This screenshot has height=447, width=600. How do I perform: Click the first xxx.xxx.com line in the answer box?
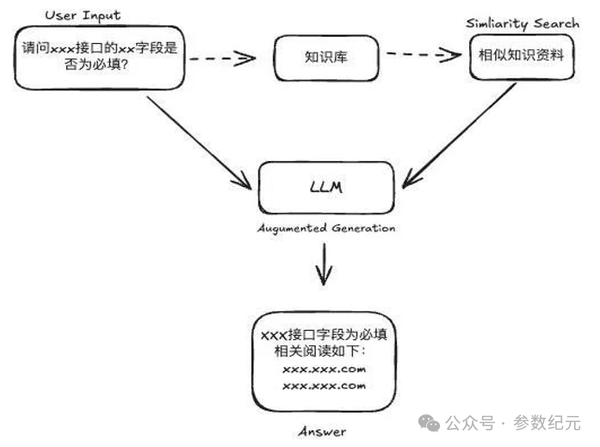(324, 369)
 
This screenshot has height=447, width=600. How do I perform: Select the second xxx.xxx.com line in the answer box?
(324, 385)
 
